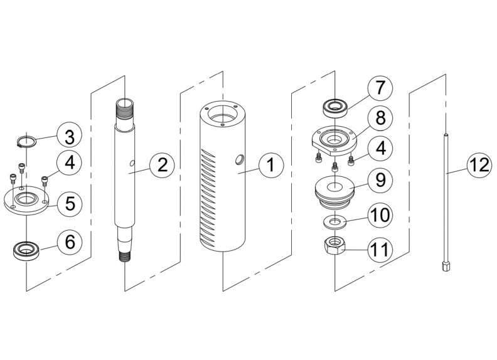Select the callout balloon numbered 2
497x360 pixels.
coord(162,166)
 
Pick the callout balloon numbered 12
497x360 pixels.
coord(479,166)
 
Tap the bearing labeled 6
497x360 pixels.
coord(25,251)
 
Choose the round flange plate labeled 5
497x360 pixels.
coord(26,200)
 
